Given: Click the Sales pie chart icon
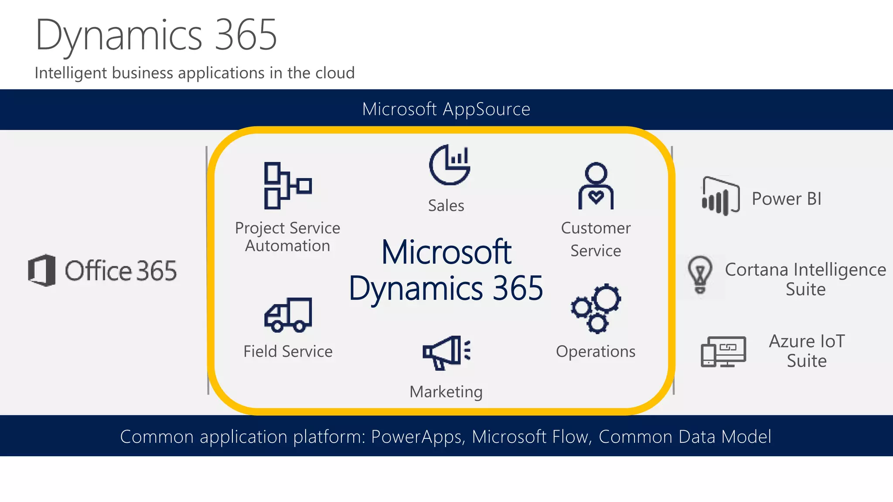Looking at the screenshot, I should (450, 165).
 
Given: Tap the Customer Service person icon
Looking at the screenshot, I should (596, 186).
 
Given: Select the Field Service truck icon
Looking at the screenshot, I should (288, 315).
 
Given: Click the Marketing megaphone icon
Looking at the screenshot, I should (446, 353).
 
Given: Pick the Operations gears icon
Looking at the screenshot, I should (596, 309).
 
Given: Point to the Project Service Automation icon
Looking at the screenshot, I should (287, 186).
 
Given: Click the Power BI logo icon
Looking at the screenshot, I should (720, 197).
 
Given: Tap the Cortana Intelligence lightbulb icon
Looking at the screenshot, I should (700, 275).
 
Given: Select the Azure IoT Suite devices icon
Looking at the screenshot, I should (723, 351).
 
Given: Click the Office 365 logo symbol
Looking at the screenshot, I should (42, 270).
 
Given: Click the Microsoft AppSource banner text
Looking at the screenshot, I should (446, 109).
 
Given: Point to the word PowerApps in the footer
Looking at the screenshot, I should (416, 437).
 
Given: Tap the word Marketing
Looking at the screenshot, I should (446, 392).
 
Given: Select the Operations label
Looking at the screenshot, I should (596, 352).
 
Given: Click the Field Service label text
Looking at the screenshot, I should (288, 351).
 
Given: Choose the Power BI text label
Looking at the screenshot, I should (787, 199).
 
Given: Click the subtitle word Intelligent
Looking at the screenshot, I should (71, 73).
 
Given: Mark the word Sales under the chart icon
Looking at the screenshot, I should (446, 205).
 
